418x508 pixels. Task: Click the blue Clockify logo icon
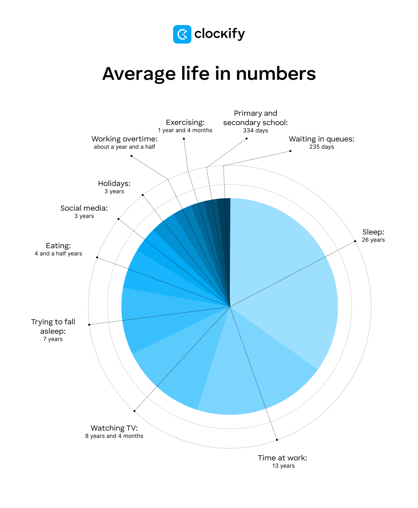182,34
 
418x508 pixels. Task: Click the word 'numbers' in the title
276,74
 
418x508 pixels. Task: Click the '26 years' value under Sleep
373,240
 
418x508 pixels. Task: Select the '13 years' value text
283,466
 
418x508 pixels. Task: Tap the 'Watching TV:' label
114,428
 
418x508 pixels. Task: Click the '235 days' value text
322,147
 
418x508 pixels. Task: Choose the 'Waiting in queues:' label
322,139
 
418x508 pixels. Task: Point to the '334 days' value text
255,131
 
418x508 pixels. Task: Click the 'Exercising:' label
185,122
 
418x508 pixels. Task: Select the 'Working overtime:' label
124,139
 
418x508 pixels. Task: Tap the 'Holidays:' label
114,184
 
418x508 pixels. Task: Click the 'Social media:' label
84,208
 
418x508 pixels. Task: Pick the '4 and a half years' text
58,254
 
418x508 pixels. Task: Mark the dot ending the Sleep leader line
355,241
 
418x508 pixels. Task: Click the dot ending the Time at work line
277,440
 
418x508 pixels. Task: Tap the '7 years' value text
53,339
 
